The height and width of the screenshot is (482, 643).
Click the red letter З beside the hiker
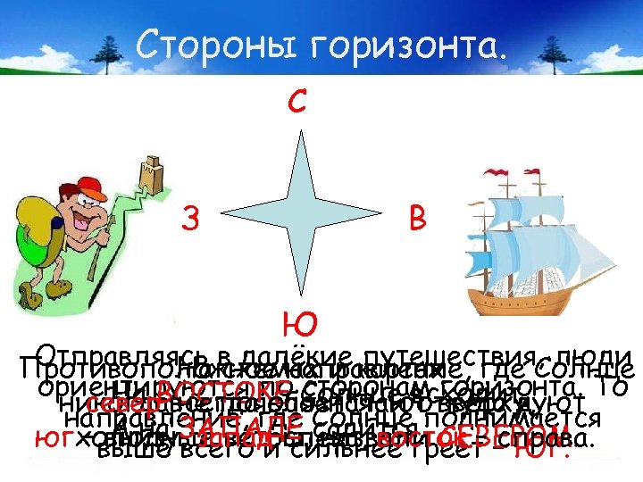pos(189,217)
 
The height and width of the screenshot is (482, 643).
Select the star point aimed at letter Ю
pos(299,290)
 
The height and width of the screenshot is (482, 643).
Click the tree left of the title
pos(98,48)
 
